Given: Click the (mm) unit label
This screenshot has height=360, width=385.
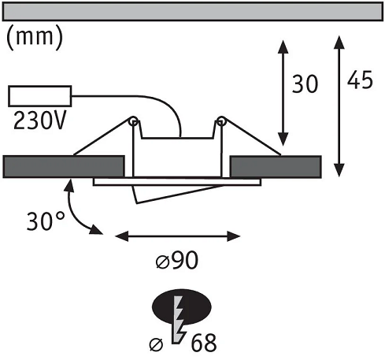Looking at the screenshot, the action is [x=35, y=38].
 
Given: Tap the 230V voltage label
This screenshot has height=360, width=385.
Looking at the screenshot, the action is [x=39, y=121].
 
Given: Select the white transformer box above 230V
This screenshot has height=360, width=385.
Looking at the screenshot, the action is [x=40, y=96].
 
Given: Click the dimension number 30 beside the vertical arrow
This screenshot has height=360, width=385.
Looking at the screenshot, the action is [x=305, y=84].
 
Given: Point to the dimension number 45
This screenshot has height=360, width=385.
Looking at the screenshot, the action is [x=360, y=80].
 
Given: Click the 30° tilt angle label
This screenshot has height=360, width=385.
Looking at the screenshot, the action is [x=46, y=221].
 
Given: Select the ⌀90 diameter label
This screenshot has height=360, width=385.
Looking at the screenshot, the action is [x=177, y=260].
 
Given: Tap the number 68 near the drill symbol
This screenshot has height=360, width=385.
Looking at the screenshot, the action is [x=204, y=343].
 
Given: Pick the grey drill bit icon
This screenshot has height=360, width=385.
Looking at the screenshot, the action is [x=179, y=319].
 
